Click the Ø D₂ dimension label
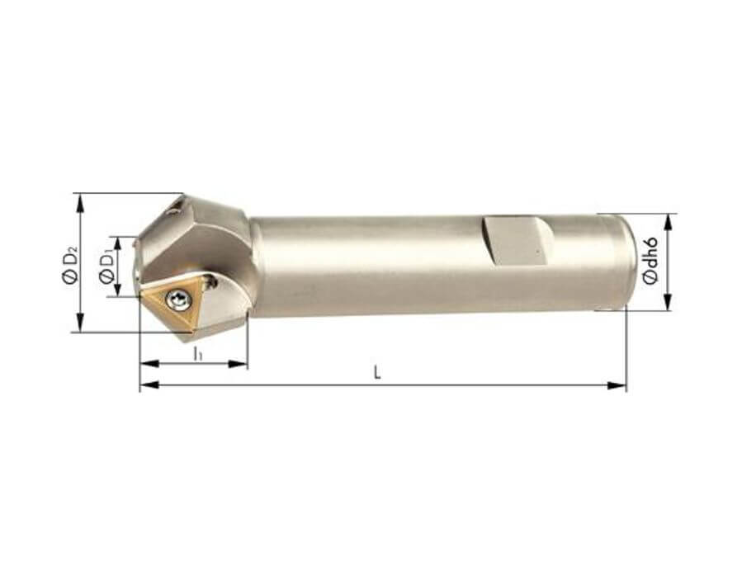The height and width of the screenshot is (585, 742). tap(69, 264)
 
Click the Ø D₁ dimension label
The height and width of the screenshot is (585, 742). tap(107, 267)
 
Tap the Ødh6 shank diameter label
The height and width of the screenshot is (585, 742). tap(650, 261)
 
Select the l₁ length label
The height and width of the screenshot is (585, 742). tap(198, 353)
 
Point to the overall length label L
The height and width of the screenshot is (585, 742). tap(377, 373)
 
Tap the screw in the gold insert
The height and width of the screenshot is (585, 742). tap(177, 300)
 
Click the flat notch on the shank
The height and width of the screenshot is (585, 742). tap(517, 240)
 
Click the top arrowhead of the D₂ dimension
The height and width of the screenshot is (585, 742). tap(81, 202)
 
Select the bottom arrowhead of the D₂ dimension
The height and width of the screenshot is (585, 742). tap(81, 323)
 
